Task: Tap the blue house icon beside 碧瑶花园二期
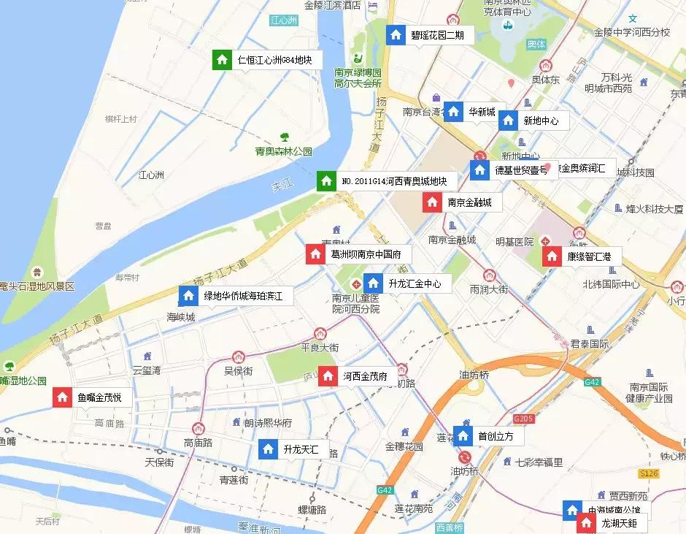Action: pyautogui.click(x=396, y=34)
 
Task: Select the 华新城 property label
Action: pyautogui.click(x=482, y=112)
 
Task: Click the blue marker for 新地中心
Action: pyautogui.click(x=509, y=121)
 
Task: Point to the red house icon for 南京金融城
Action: pyautogui.click(x=432, y=202)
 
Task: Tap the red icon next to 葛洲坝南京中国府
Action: pyautogui.click(x=315, y=254)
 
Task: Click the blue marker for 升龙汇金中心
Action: pyautogui.click(x=373, y=283)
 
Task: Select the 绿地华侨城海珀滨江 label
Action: pyautogui.click(x=247, y=296)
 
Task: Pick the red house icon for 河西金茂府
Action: pyautogui.click(x=328, y=377)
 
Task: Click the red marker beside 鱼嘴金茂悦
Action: pyautogui.click(x=63, y=398)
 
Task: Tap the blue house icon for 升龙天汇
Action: pyautogui.click(x=268, y=449)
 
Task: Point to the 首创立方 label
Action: pyautogui.click(x=496, y=436)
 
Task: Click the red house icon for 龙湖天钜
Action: pyautogui.click(x=586, y=523)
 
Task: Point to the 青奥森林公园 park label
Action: pyautogui.click(x=283, y=152)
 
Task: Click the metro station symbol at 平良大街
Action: pyautogui.click(x=320, y=333)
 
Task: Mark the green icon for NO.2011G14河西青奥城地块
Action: pyautogui.click(x=325, y=180)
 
